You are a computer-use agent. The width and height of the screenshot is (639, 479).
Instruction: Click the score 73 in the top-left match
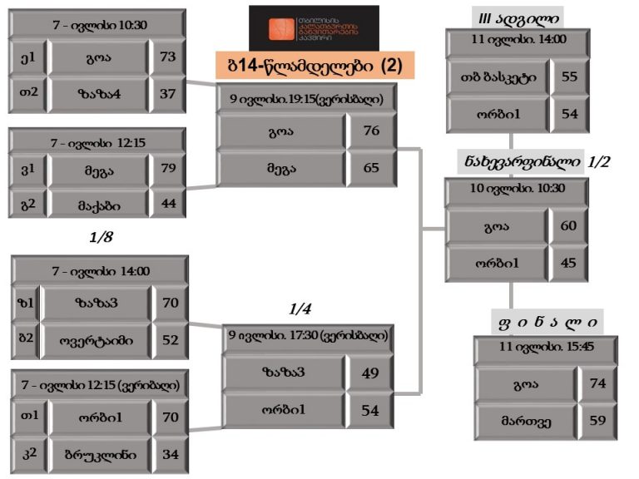(168, 58)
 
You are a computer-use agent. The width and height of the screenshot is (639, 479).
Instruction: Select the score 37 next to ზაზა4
(168, 94)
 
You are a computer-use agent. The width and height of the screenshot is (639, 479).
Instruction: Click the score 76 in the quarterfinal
(371, 131)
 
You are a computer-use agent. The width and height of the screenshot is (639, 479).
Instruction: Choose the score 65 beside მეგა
(371, 167)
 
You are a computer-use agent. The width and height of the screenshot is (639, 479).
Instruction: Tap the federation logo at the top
(314, 27)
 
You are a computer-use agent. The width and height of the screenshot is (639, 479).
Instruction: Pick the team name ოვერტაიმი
(97, 339)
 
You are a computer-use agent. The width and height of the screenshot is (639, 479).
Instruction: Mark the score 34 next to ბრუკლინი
(170, 453)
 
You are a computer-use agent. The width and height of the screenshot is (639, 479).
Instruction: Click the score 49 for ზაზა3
(371, 373)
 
